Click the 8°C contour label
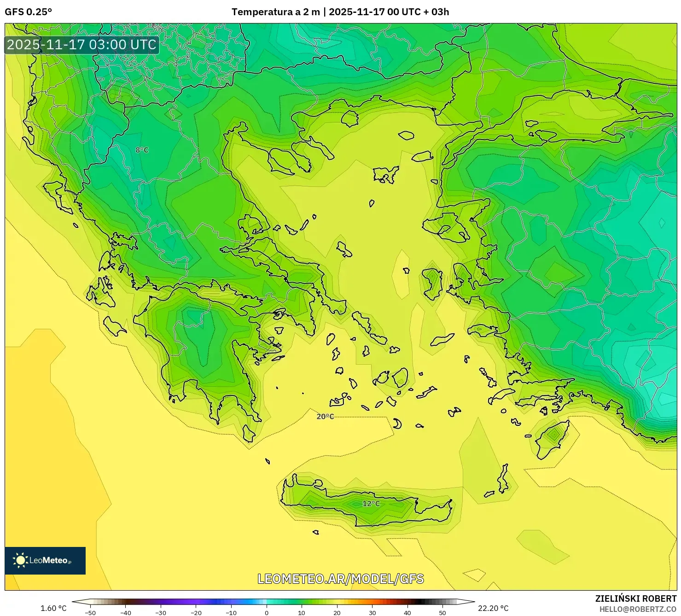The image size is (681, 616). pos(142,150)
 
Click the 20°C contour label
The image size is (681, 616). pos(325,417)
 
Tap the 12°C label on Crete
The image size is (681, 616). pos(371,504)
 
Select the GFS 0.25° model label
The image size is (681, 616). pos(28,12)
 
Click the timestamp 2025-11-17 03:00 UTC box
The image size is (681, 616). pos(82,45)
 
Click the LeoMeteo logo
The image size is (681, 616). pos(45,560)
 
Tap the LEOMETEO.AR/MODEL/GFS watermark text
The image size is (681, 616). pos(340,579)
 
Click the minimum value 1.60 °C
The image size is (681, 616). pos(53,608)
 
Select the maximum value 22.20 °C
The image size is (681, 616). pos(493,608)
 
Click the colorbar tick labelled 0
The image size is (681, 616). pos(267,613)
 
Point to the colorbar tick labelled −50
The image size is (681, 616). pos(90,613)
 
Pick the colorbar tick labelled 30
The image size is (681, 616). pos(372,613)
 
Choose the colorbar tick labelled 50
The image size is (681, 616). pos(442,613)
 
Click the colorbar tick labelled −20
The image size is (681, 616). pos(196,613)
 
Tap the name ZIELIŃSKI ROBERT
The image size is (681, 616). pos(635,599)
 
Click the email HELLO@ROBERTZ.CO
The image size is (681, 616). pos(638,609)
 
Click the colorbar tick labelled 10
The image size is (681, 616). pos(302,613)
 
